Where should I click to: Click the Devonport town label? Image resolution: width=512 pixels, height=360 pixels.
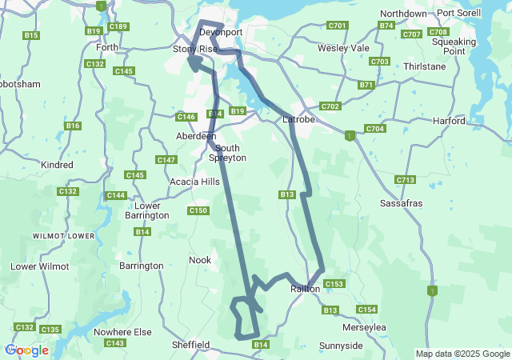tap(220, 32)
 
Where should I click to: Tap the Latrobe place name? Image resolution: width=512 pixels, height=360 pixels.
tap(300, 120)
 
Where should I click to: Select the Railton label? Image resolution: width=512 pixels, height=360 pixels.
tap(306, 289)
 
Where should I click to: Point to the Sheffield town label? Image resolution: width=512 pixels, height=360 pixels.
tap(191, 345)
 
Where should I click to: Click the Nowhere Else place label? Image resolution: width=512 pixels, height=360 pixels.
tap(122, 332)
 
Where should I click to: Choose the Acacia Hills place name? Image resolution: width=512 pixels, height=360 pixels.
tap(194, 182)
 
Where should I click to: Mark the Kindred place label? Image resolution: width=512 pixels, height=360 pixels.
tap(57, 165)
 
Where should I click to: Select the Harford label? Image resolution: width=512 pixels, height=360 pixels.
tap(448, 121)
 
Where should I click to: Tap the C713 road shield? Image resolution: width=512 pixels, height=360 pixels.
tap(406, 180)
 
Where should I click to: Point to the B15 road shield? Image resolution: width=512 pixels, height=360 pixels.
tap(31, 35)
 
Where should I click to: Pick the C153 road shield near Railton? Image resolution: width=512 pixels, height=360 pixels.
tap(334, 284)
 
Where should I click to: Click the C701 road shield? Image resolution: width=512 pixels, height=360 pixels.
tap(337, 26)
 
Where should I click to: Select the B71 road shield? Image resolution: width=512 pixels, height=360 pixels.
tap(366, 84)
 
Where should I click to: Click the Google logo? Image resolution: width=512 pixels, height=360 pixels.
tap(26, 350)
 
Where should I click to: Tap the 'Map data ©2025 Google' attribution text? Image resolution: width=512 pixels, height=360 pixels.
tap(462, 354)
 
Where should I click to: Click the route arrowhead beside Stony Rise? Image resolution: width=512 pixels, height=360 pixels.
tap(193, 60)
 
